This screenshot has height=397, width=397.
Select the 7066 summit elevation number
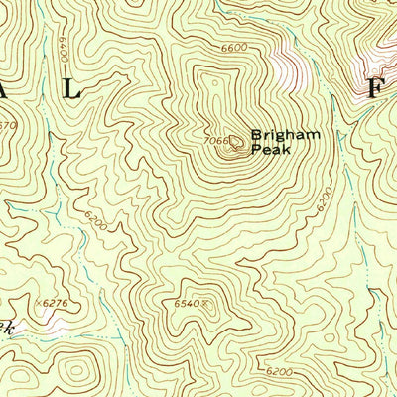coord(217,141)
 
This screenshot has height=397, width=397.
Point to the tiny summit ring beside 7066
coord(236,141)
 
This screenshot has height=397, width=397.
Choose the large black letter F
coord(375,87)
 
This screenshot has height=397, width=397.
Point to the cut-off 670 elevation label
coord(9,125)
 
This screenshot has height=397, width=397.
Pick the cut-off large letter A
coord(4,89)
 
